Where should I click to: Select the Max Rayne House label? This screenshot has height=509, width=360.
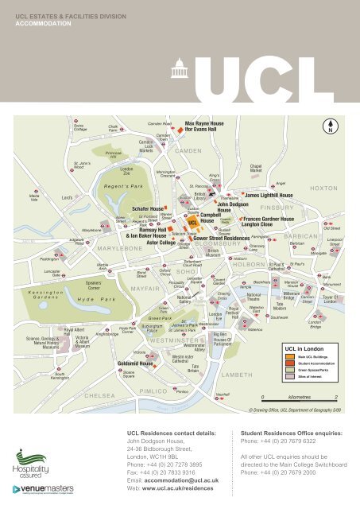tap(203, 124)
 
